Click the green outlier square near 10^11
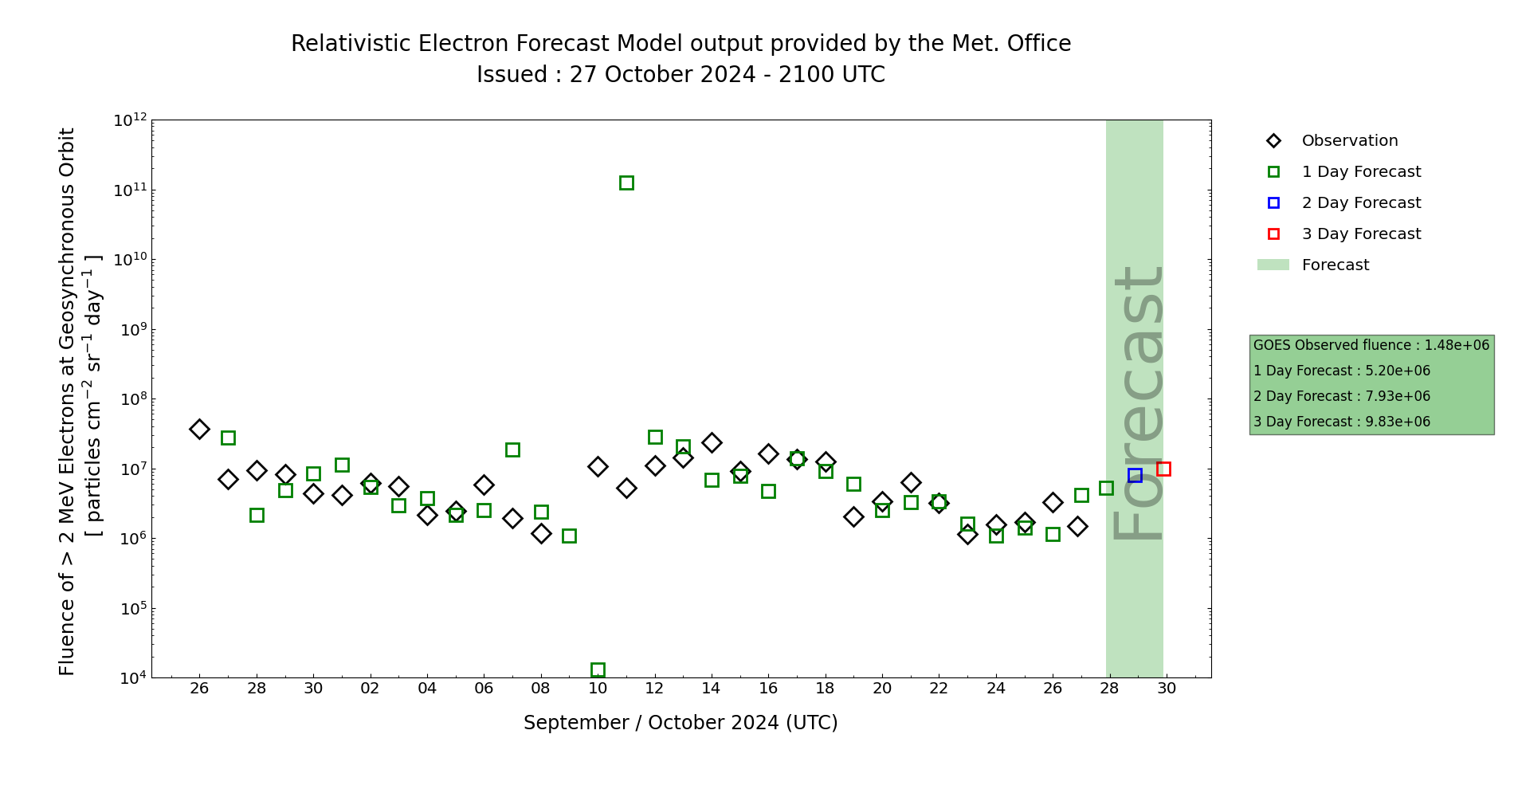[x=626, y=183]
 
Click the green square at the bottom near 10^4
[x=598, y=669]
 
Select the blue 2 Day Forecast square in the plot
[x=1135, y=475]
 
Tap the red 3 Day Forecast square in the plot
[x=1163, y=469]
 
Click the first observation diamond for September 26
[x=199, y=429]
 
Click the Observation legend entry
[x=1349, y=141]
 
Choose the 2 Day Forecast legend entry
[x=1360, y=203]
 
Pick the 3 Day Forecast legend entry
[x=1360, y=234]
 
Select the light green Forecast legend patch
[x=1273, y=265]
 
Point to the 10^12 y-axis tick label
[x=130, y=120]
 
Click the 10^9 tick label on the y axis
[x=130, y=330]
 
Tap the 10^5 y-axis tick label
[x=130, y=609]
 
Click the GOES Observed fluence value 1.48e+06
[x=1457, y=345]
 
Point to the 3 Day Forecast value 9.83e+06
[x=1398, y=422]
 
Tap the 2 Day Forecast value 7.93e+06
[x=1398, y=396]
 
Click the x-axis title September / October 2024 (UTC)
[x=681, y=723]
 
